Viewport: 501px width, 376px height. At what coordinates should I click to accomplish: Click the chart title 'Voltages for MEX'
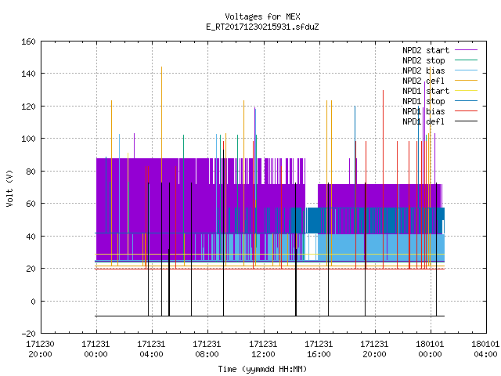coord(262,16)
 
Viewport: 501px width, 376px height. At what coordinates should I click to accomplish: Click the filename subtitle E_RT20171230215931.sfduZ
coord(262,27)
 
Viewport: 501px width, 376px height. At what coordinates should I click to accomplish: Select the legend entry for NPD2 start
coord(426,50)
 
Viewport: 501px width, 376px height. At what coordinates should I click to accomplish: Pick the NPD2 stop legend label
coord(424,60)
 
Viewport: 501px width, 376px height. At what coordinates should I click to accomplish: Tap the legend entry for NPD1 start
coord(426,91)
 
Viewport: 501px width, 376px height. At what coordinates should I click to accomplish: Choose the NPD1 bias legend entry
coord(424,111)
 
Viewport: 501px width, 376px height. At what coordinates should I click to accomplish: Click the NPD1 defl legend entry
coord(424,121)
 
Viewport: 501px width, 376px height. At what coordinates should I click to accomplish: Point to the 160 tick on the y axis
coord(28,42)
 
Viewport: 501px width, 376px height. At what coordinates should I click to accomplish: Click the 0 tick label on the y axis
coord(33,301)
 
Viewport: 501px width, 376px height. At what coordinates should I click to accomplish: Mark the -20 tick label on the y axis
coord(28,334)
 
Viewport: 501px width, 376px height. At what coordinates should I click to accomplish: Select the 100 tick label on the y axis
coord(28,139)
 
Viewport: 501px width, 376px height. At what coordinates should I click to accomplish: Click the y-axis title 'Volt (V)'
coord(10,188)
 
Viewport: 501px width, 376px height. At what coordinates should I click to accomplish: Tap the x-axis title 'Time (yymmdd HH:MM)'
coord(262,369)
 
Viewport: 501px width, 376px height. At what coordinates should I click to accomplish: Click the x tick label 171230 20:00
coord(40,349)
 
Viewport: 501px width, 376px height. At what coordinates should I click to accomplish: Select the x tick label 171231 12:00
coord(263,349)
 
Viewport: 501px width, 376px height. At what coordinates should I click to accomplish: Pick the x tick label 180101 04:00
coord(485,349)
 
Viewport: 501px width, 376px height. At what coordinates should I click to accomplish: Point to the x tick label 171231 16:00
coord(319,349)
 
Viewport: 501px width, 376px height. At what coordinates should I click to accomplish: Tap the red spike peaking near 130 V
coord(383,179)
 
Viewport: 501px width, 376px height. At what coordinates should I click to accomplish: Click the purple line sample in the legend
coord(467,50)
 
